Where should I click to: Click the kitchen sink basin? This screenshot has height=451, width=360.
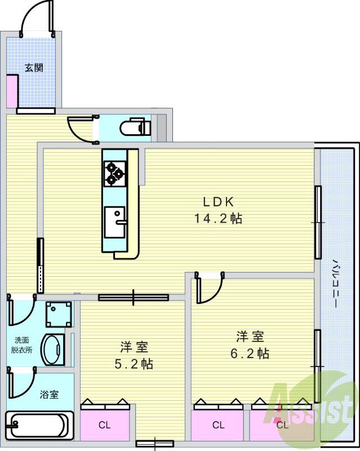(117, 223)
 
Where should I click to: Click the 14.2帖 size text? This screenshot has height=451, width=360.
(219, 219)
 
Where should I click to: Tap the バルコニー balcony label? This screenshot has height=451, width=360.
(335, 282)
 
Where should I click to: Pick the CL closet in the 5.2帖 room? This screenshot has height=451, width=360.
(105, 425)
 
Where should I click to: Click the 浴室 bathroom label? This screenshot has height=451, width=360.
(48, 395)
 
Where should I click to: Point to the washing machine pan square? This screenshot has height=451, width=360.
(59, 315)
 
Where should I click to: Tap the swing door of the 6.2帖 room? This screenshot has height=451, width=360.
(208, 290)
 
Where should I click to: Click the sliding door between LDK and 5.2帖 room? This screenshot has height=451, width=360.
(133, 297)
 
